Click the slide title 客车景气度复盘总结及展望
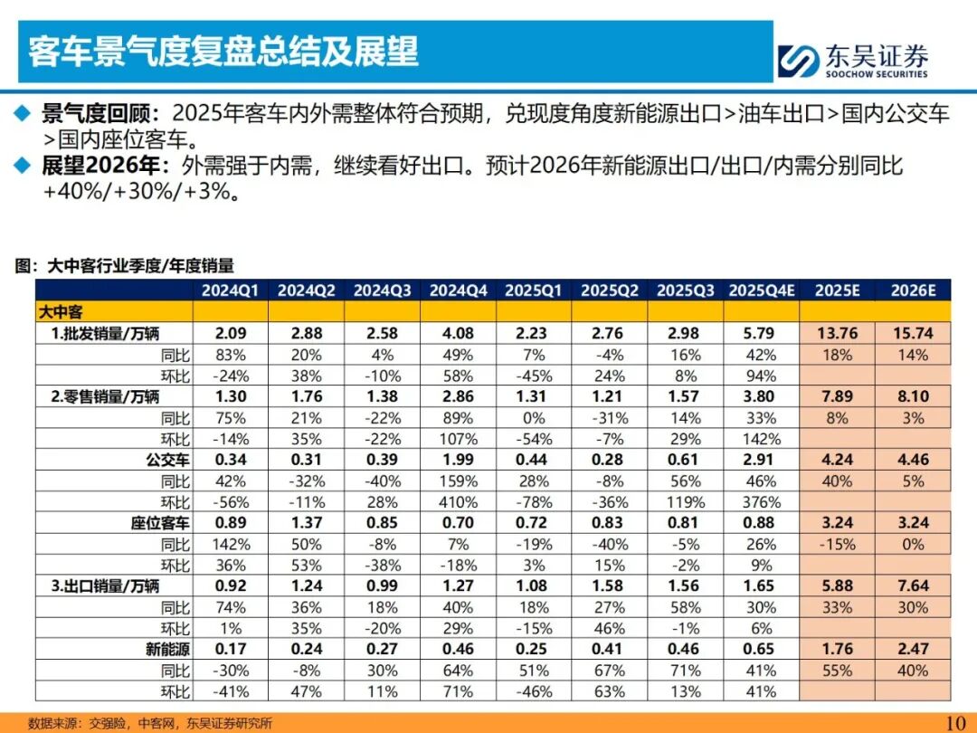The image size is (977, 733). pyautogui.click(x=223, y=52)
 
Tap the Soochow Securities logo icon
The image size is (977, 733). pyautogui.click(x=799, y=61)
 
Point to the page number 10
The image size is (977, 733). pyautogui.click(x=955, y=722)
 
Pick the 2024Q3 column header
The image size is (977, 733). pyautogui.click(x=383, y=290)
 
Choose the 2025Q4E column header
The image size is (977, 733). pyautogui.click(x=761, y=290)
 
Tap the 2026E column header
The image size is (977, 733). pyautogui.click(x=912, y=290)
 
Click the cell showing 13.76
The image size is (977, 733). pyautogui.click(x=837, y=333)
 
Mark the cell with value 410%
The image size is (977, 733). pyautogui.click(x=459, y=502)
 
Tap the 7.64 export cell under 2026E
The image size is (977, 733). pyautogui.click(x=912, y=586)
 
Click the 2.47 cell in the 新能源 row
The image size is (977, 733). pyautogui.click(x=912, y=650)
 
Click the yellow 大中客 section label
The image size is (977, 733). pyautogui.click(x=61, y=311)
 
